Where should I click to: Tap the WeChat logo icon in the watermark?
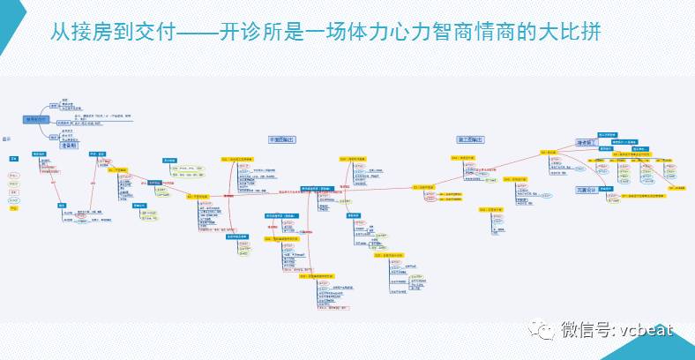click(541, 329)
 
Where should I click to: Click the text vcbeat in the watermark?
click(641, 329)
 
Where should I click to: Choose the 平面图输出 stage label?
click(281, 139)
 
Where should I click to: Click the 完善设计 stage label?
click(587, 189)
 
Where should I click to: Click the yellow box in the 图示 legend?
click(13, 209)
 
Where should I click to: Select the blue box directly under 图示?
click(13, 159)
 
